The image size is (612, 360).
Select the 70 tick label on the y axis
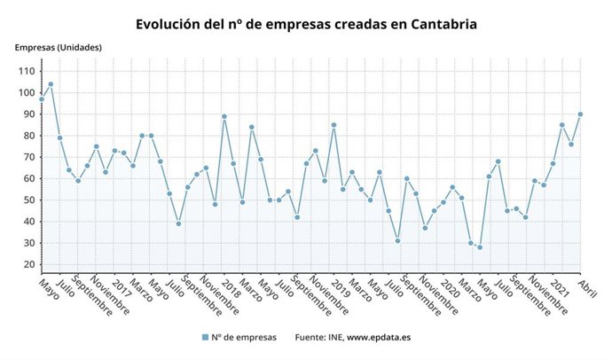pyautogui.click(x=28, y=157)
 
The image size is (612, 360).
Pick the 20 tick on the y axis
pyautogui.click(x=28, y=264)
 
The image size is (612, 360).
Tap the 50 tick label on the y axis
pyautogui.click(x=28, y=200)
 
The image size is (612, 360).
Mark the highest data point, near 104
pyautogui.click(x=51, y=84)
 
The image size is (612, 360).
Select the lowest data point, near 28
pyautogui.click(x=480, y=247)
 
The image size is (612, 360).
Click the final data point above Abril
pyautogui.click(x=580, y=114)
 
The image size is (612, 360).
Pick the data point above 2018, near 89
pyautogui.click(x=224, y=116)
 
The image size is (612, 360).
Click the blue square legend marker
pyautogui.click(x=205, y=337)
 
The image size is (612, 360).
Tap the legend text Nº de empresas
pyautogui.click(x=245, y=337)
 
